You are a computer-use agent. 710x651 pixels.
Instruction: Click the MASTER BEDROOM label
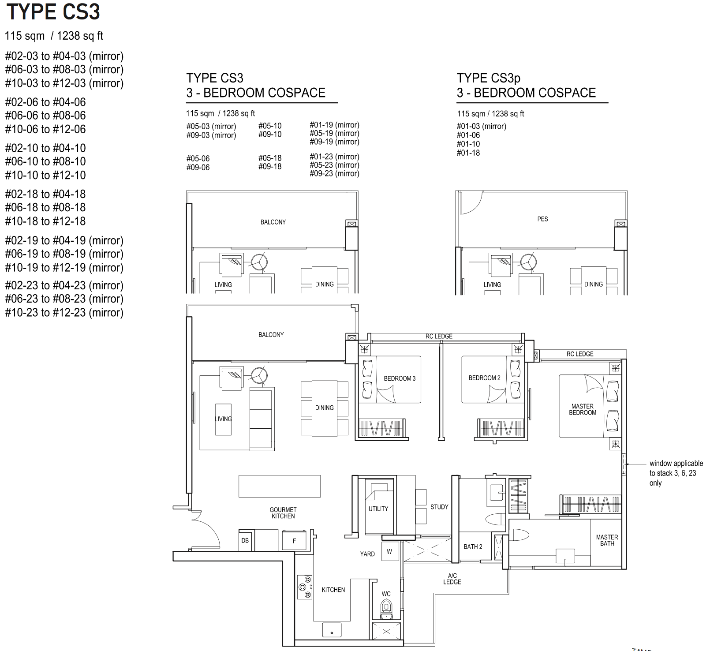[583, 409]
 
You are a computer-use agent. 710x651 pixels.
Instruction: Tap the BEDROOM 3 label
[400, 378]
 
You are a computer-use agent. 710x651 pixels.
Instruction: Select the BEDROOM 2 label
[484, 378]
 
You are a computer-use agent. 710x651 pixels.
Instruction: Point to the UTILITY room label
[378, 509]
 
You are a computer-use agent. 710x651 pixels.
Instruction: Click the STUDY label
[439, 507]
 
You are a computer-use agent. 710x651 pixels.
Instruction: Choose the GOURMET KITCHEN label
[283, 513]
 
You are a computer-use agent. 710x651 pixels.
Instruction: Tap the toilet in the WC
[386, 609]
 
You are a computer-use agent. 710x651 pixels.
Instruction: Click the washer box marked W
[390, 552]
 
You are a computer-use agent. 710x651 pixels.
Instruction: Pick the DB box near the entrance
[245, 540]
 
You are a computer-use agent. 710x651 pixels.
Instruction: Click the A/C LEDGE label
[452, 579]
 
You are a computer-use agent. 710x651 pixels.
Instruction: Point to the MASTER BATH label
[607, 540]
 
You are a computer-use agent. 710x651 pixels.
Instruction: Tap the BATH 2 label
[473, 546]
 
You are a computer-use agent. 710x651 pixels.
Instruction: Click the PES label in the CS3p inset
[542, 219]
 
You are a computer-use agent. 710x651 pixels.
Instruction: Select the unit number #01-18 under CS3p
[468, 153]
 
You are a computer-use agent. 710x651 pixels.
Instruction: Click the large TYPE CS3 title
[53, 11]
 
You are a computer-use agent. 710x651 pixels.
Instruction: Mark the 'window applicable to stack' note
[676, 473]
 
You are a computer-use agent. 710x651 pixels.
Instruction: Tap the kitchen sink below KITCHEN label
[332, 630]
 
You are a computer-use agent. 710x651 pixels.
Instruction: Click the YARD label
[367, 554]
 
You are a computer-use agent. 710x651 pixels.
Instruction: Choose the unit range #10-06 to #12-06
[45, 129]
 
